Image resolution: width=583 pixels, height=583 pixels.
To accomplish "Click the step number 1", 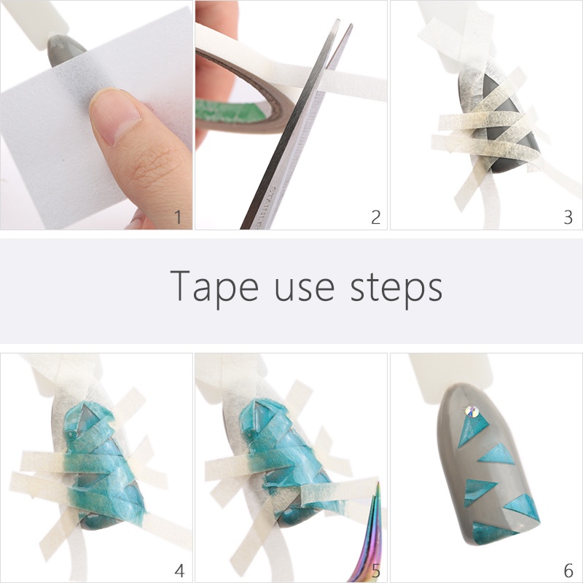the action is (x=178, y=217).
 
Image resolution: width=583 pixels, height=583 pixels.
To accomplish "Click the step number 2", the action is (x=376, y=217).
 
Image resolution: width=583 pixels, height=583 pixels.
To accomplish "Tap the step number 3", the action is (x=568, y=217).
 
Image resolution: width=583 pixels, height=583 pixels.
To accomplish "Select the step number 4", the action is (x=179, y=570).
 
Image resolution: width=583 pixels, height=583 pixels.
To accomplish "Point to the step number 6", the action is (x=568, y=570).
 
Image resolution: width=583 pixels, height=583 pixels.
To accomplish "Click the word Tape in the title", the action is (x=214, y=287).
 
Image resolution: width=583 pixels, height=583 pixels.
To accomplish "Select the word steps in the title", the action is (x=396, y=289).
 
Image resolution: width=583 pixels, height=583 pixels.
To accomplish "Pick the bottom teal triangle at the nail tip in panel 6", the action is (x=491, y=533).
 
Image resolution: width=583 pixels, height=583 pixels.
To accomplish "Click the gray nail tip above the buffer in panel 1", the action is (x=64, y=50).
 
